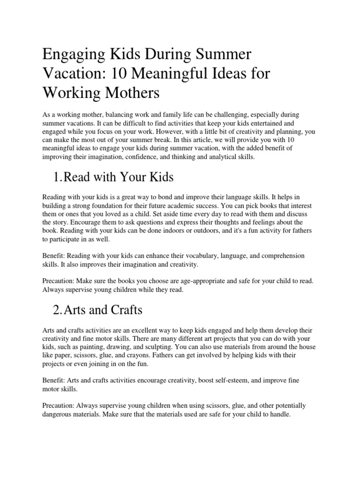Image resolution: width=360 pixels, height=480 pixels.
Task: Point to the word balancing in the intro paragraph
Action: pos(117,115)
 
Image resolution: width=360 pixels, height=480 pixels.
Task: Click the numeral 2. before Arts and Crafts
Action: pos(57,310)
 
